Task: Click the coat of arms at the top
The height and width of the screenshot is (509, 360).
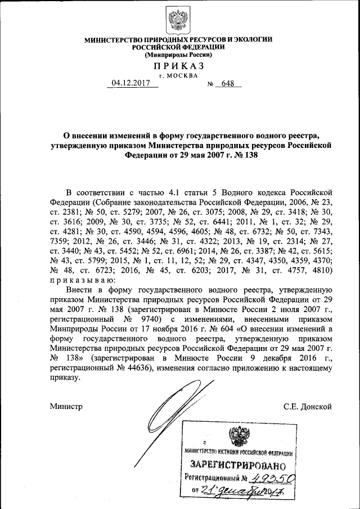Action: tap(178, 20)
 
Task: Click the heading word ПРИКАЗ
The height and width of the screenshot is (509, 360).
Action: tap(178, 66)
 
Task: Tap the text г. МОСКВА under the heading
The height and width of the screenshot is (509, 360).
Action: tap(178, 75)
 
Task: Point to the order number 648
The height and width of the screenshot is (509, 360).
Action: tap(227, 84)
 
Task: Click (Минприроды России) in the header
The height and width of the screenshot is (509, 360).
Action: tap(178, 55)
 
